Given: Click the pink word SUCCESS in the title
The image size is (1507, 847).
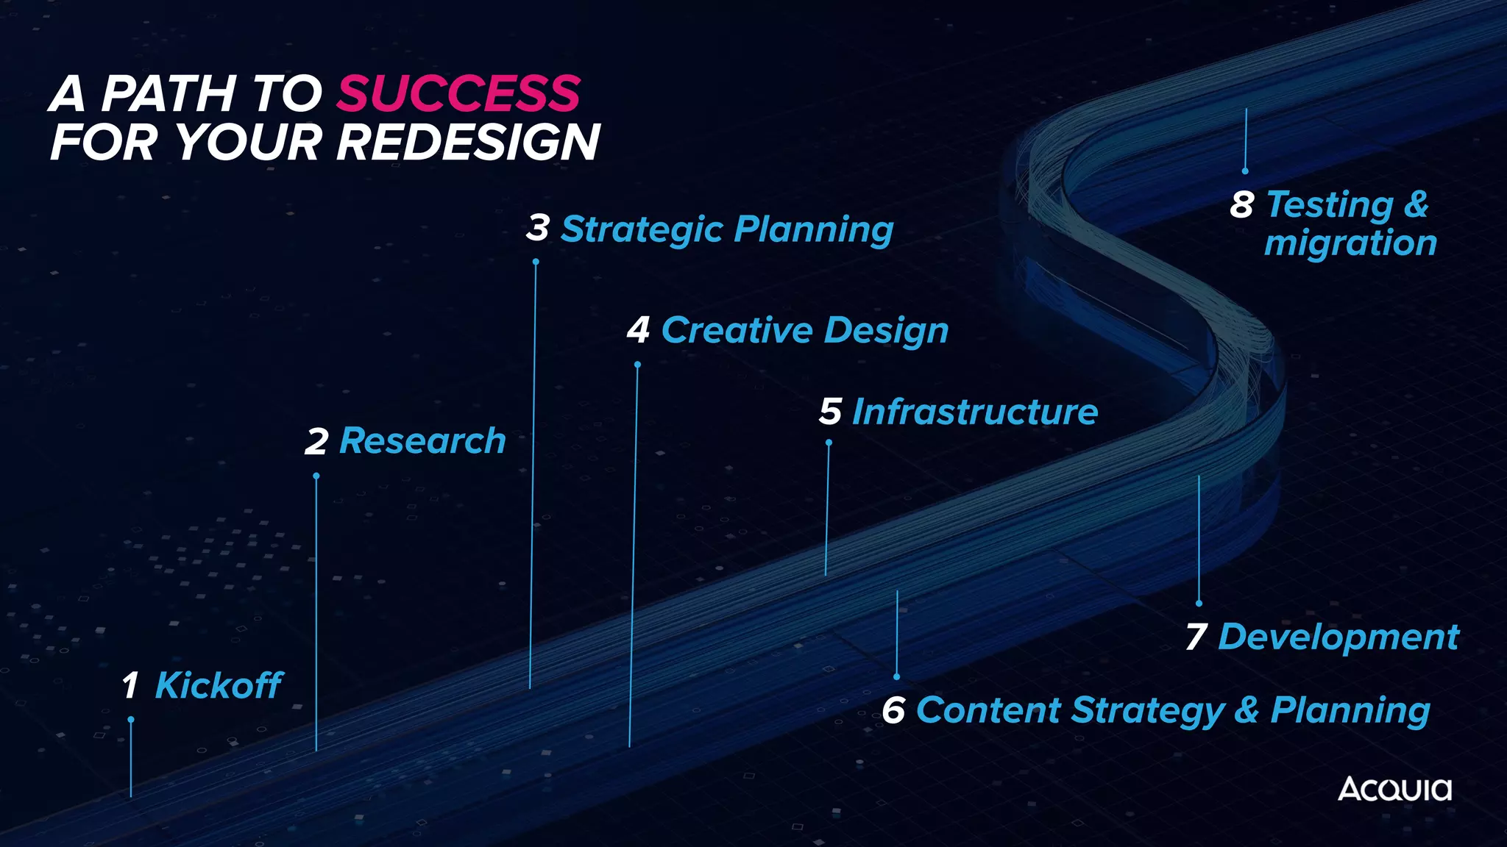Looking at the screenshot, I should (x=459, y=93).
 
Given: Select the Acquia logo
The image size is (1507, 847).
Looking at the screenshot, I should (x=1394, y=789).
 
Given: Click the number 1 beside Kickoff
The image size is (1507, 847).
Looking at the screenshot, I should (x=130, y=685).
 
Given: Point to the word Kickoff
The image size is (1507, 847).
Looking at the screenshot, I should (x=219, y=685).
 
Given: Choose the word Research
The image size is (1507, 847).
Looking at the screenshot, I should (x=422, y=441).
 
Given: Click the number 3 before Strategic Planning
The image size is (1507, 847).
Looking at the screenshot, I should (x=538, y=228).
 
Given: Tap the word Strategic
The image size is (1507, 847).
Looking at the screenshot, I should (x=642, y=229).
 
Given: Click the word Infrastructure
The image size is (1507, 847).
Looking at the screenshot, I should (x=975, y=412).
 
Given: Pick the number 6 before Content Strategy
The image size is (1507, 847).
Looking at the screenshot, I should (x=893, y=710).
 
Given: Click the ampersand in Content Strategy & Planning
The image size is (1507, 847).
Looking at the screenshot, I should (x=1247, y=710).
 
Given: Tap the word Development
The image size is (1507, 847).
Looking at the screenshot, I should (x=1338, y=637).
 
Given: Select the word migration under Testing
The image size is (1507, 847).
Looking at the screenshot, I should (x=1350, y=243).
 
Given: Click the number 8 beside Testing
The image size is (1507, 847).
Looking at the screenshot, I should (x=1242, y=204).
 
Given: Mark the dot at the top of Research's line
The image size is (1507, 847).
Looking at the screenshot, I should (x=316, y=476).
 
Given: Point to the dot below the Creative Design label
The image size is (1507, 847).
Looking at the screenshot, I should (x=637, y=365).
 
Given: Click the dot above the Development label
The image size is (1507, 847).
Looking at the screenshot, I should (x=1199, y=603).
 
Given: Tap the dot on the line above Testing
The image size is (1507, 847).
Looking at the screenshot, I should (x=1245, y=171).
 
